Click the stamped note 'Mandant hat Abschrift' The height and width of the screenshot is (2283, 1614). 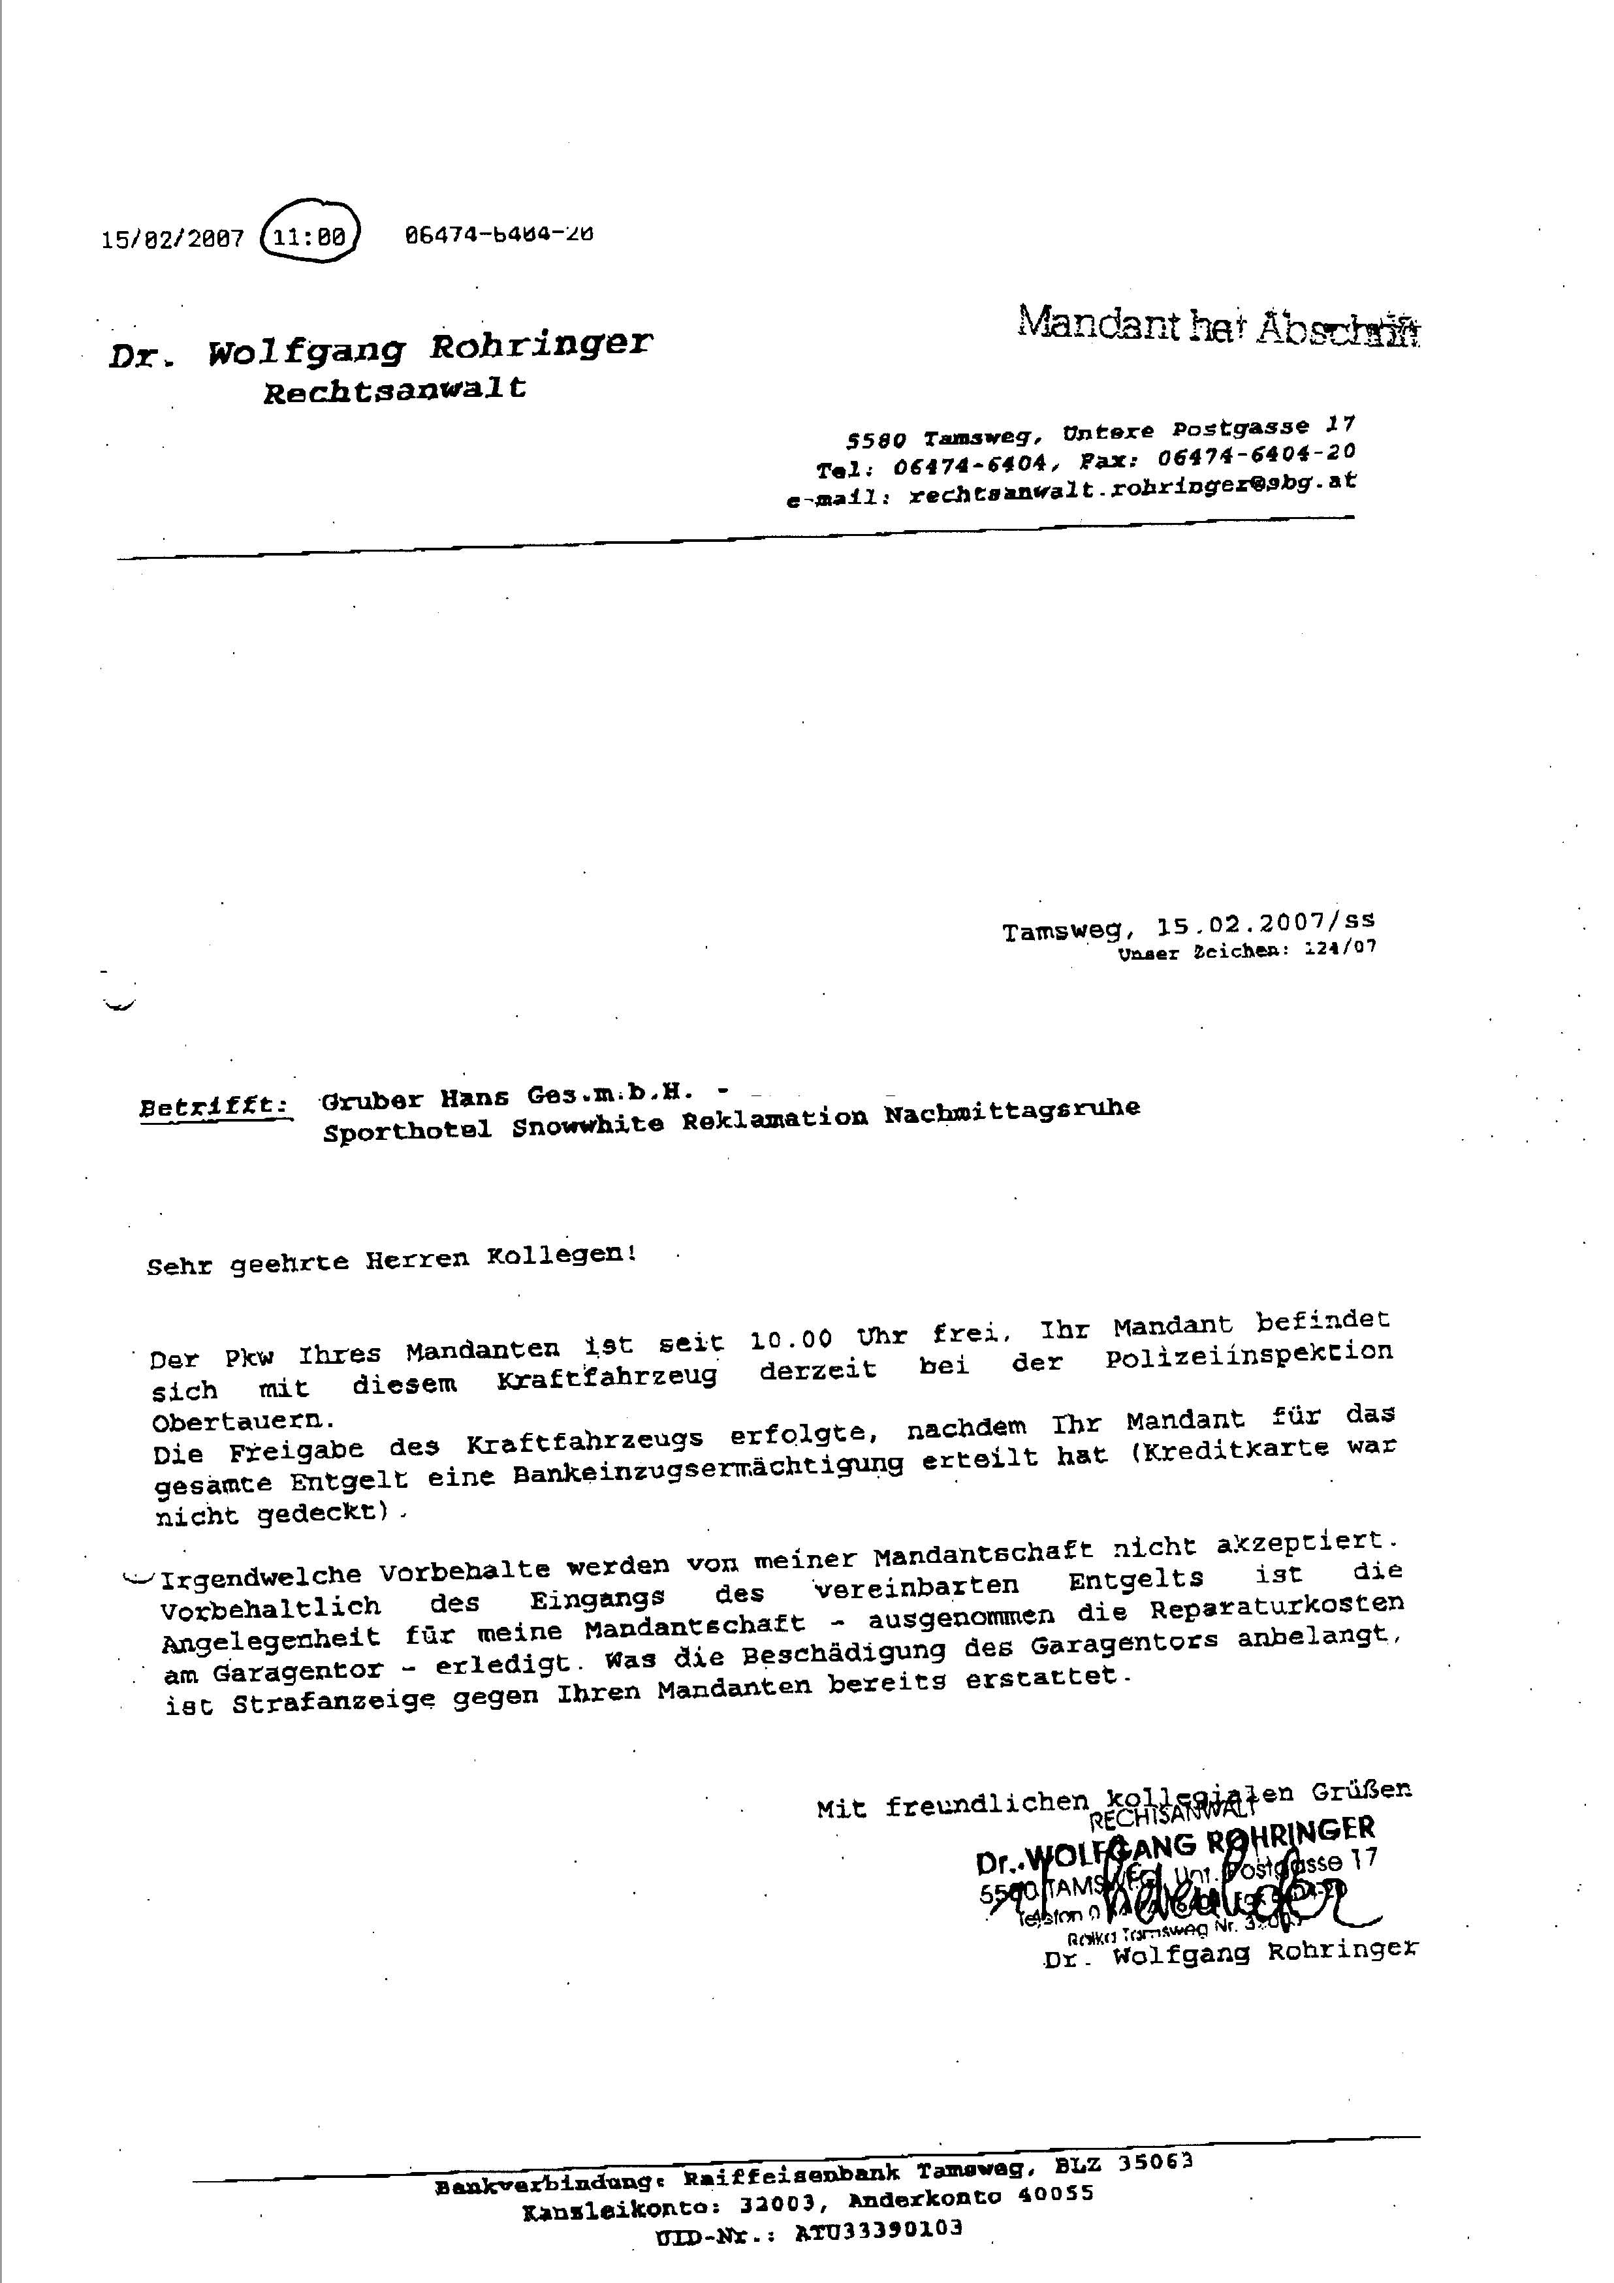click(1218, 325)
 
